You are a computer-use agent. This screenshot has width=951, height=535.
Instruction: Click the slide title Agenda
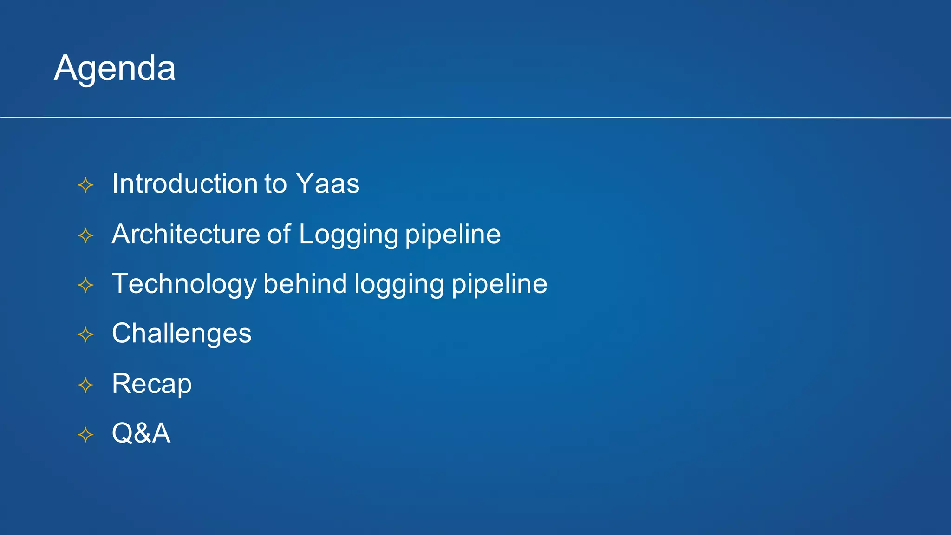point(115,68)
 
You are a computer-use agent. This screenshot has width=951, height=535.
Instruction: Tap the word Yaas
point(328,183)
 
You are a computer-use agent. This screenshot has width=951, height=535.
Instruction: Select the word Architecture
point(185,234)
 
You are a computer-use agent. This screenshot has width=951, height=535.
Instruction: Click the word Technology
point(184,284)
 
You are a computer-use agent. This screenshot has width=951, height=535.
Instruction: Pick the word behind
point(305,283)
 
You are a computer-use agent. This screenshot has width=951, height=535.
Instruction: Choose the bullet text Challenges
point(182,334)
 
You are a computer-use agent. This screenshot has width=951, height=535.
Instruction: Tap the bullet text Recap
point(151,384)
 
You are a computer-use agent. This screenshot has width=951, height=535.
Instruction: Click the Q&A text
point(141,433)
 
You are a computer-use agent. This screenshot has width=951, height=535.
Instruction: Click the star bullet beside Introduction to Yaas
point(85,185)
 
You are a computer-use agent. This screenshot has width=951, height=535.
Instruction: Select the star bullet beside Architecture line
point(85,235)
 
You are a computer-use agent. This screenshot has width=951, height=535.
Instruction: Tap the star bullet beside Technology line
point(85,285)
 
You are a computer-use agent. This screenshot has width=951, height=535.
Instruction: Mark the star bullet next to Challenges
point(85,334)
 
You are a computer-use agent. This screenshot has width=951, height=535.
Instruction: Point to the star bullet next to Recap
point(85,385)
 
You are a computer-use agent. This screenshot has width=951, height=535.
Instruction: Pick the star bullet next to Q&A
point(85,435)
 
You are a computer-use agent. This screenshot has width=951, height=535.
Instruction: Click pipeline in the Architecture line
point(453,235)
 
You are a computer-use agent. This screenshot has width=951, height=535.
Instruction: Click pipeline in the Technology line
point(499,284)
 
